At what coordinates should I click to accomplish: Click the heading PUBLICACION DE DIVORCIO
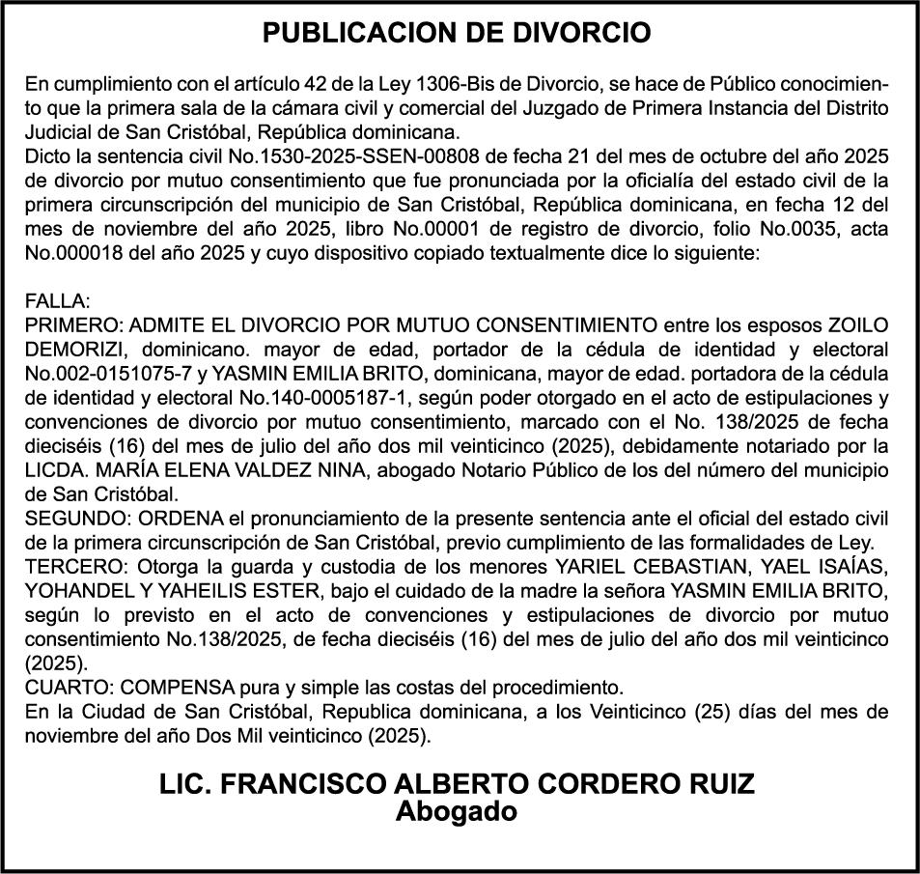[458, 33]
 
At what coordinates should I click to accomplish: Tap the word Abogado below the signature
[457, 812]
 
